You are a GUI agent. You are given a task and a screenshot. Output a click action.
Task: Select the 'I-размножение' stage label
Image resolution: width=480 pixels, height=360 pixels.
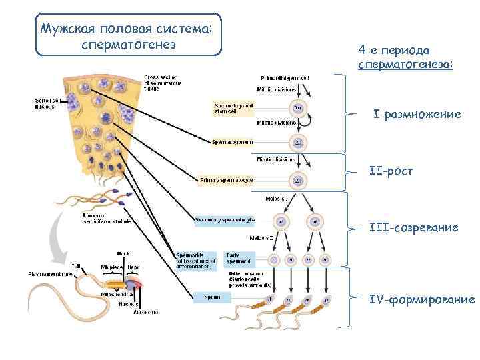pyautogui.click(x=417, y=115)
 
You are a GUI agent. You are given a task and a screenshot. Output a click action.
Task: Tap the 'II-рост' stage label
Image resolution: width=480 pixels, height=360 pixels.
pyautogui.click(x=391, y=171)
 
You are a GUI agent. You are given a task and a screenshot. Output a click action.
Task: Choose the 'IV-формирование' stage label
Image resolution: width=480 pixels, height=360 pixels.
pyautogui.click(x=422, y=300)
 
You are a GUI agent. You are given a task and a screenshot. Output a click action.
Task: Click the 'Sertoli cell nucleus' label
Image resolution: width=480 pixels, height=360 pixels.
pyautogui.click(x=47, y=103)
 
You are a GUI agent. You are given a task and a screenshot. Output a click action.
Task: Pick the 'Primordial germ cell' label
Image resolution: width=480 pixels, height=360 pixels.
pyautogui.click(x=285, y=77)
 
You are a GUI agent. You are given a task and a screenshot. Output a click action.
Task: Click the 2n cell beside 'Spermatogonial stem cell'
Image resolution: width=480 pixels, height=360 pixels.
pyautogui.click(x=298, y=108)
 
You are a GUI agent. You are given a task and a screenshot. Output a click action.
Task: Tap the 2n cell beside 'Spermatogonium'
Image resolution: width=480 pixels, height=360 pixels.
pyautogui.click(x=298, y=142)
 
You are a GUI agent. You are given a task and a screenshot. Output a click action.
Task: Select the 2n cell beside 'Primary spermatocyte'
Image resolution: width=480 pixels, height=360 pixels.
pyautogui.click(x=298, y=180)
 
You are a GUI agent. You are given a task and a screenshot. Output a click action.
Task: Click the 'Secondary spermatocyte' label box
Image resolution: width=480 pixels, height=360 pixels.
pyautogui.click(x=225, y=219)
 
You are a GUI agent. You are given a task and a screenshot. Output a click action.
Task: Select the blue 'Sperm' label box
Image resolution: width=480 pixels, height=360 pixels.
pyautogui.click(x=212, y=298)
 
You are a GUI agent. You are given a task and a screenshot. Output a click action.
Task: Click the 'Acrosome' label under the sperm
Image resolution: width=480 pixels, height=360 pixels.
pyautogui.click(x=145, y=311)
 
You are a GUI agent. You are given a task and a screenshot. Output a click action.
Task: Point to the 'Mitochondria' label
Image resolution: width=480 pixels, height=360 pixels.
pyautogui.click(x=115, y=294)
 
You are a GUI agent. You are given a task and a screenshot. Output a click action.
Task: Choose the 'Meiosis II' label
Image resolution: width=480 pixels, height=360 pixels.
pyautogui.click(x=263, y=237)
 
